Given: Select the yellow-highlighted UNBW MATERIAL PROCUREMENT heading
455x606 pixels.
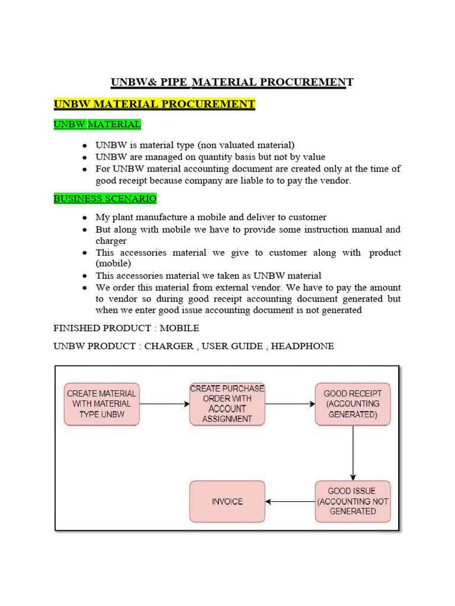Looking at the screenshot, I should [x=154, y=104].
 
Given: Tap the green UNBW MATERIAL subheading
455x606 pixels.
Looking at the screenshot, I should [x=97, y=124].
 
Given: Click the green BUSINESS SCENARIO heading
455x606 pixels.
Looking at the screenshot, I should [x=105, y=198].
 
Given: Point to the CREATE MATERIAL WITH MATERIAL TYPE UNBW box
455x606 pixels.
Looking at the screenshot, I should [x=102, y=404].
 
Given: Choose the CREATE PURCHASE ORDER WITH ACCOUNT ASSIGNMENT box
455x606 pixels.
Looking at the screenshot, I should [x=227, y=404].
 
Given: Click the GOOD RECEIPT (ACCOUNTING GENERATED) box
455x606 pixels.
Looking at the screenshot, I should [x=353, y=404].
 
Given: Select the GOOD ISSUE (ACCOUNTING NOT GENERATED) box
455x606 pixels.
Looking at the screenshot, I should [x=353, y=501].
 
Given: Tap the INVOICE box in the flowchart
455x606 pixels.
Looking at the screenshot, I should [x=227, y=501].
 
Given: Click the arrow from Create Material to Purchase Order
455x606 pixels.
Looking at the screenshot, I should [x=164, y=404].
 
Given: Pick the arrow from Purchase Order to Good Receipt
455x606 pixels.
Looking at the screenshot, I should [x=290, y=404].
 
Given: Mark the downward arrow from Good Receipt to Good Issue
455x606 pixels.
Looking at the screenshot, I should [x=353, y=453].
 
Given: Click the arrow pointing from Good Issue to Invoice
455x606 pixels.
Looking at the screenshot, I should [x=290, y=502].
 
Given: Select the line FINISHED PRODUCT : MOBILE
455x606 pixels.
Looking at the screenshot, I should [x=126, y=328].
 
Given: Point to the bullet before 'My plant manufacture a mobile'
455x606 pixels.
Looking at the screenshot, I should [x=86, y=218].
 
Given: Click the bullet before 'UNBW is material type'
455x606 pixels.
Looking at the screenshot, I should [x=86, y=145].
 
